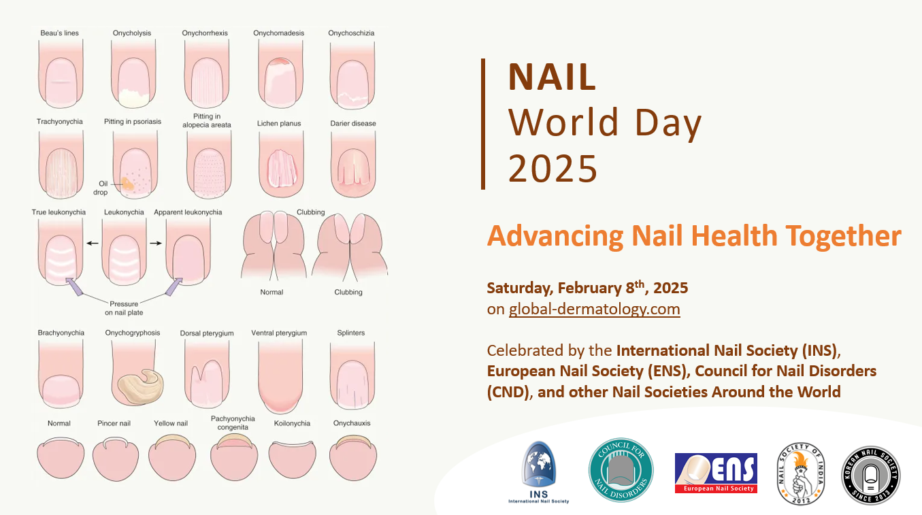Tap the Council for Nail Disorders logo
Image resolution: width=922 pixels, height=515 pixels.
tap(621, 469)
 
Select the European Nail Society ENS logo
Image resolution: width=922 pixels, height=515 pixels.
tap(716, 473)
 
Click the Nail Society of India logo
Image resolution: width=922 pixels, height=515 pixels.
tap(801, 474)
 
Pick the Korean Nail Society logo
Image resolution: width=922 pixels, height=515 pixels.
tap(870, 474)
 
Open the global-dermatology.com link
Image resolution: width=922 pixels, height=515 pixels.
tap(594, 310)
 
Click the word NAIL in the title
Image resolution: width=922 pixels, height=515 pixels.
tap(552, 78)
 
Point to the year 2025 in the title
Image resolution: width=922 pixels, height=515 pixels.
tap(553, 168)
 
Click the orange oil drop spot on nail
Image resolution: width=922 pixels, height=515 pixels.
tap(127, 183)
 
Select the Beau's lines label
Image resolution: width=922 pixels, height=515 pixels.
tap(59, 33)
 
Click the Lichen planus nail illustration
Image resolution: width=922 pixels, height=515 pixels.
tap(278, 167)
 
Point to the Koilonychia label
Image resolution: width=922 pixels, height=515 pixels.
tap(292, 423)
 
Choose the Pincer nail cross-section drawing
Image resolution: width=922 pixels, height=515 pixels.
tap(115, 459)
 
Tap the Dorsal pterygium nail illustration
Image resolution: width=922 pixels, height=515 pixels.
tap(205, 377)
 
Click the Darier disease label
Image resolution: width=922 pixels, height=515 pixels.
tap(353, 123)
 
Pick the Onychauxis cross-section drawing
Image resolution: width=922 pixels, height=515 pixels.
tap(351, 458)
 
